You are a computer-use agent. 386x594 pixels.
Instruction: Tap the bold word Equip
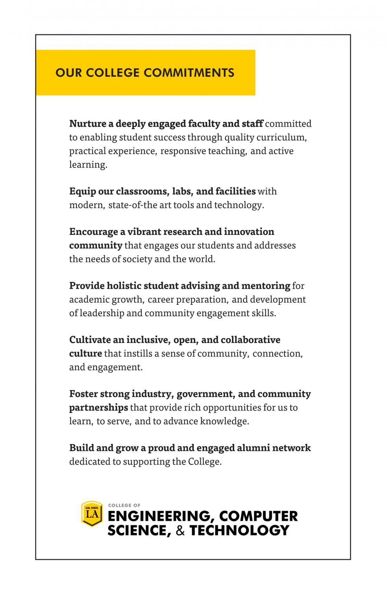(x=82, y=191)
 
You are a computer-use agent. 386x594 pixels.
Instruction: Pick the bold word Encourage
(x=94, y=232)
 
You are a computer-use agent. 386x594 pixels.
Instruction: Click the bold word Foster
(x=83, y=394)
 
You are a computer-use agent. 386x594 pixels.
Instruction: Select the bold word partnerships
(x=98, y=408)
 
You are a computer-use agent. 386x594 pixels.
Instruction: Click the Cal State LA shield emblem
(x=92, y=514)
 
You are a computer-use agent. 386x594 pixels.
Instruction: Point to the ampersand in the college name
(x=180, y=531)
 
